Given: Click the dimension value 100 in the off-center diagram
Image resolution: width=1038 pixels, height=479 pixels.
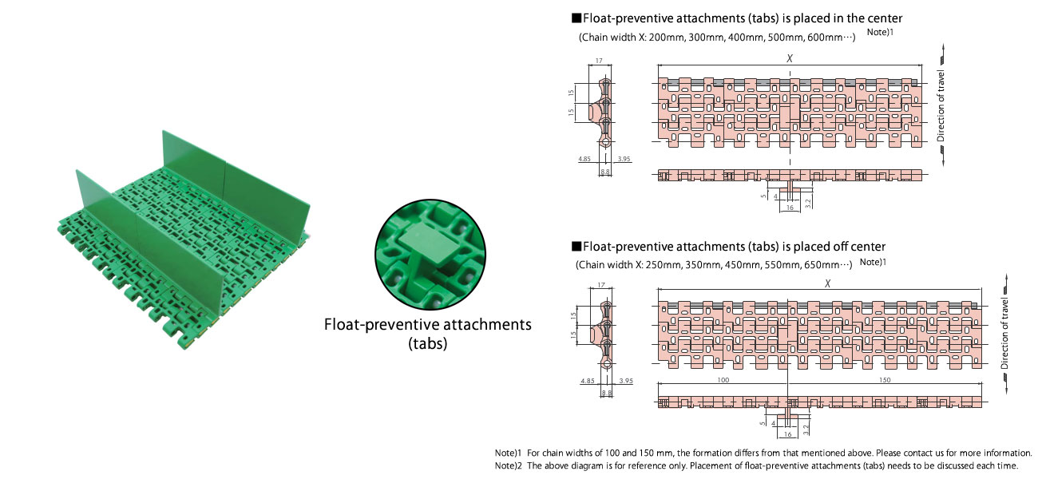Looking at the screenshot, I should (723, 380).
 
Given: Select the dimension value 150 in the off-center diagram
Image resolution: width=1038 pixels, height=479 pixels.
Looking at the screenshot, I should (884, 380).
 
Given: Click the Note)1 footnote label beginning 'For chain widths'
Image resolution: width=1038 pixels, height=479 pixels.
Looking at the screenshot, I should (508, 453).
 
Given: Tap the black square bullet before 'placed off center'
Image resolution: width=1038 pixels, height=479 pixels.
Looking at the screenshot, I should (576, 247).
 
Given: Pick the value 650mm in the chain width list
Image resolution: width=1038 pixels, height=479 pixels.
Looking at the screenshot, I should (820, 264).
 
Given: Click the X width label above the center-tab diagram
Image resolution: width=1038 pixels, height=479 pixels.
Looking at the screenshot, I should (789, 58).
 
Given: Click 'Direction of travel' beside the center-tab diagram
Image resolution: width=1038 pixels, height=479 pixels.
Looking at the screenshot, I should (941, 108).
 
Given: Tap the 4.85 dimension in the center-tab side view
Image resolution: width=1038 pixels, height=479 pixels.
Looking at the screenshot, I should (584, 159).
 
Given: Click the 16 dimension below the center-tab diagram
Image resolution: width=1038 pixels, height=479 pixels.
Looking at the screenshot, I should (789, 208).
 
